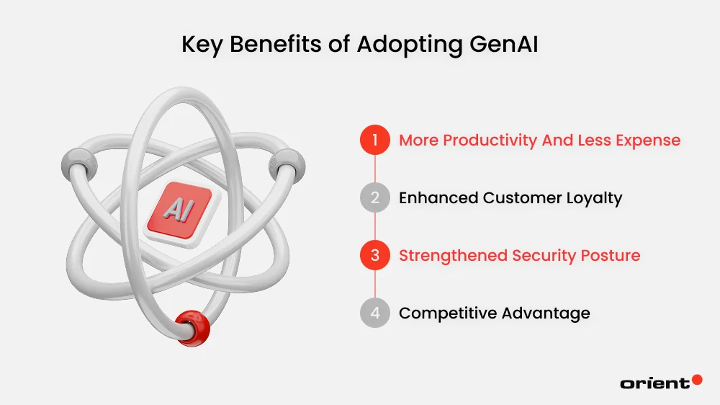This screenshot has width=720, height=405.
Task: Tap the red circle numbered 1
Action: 374,140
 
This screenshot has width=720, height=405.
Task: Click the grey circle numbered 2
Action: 374,198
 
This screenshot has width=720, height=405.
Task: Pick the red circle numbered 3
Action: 374,256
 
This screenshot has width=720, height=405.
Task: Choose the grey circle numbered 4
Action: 374,313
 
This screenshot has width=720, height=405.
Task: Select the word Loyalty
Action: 593,198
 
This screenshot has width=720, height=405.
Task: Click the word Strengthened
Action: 454,256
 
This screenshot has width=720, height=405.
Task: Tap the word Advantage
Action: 544,313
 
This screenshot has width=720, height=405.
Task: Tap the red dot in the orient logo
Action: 696,380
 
